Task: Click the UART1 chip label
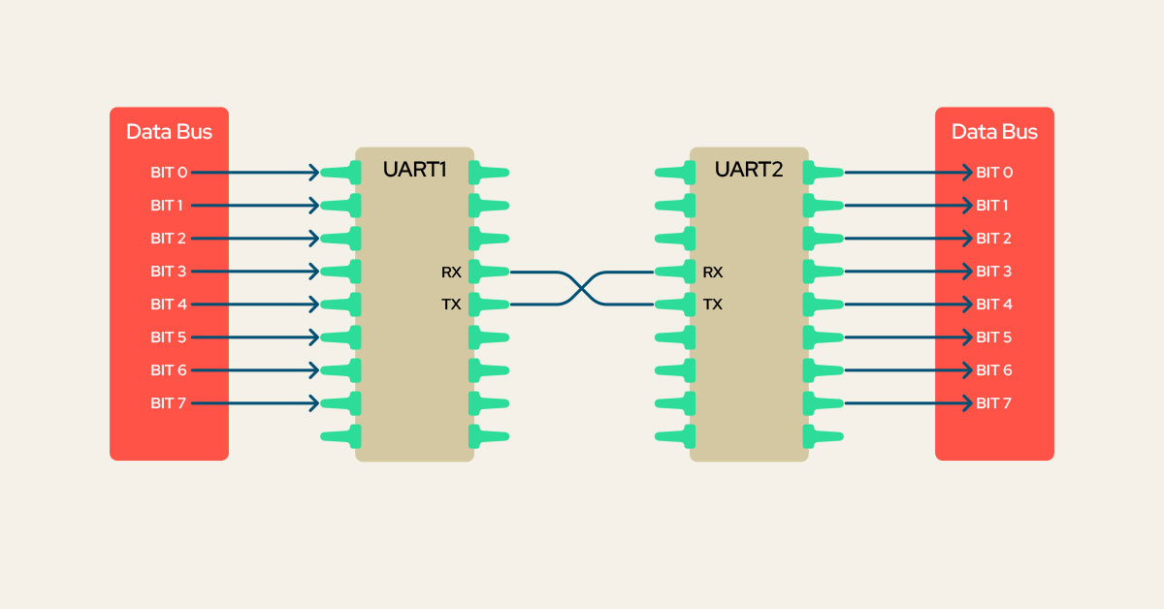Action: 414,170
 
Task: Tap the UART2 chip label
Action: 748,170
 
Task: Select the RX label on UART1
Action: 451,272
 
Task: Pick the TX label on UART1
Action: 451,304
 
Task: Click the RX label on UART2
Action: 713,272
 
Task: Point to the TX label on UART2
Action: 713,304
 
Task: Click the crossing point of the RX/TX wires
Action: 582,288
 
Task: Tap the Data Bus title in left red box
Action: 169,132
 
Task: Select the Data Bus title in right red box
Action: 994,132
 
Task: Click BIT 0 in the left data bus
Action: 169,173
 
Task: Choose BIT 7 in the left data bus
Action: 169,403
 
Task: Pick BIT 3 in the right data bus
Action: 994,272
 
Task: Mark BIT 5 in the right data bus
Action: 994,337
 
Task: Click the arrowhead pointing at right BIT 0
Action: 966,173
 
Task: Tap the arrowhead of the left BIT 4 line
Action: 313,304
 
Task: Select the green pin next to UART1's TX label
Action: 488,304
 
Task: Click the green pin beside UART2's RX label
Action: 675,272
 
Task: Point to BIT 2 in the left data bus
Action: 169,239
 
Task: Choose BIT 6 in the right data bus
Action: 994,370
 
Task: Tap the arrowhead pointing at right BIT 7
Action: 966,403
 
